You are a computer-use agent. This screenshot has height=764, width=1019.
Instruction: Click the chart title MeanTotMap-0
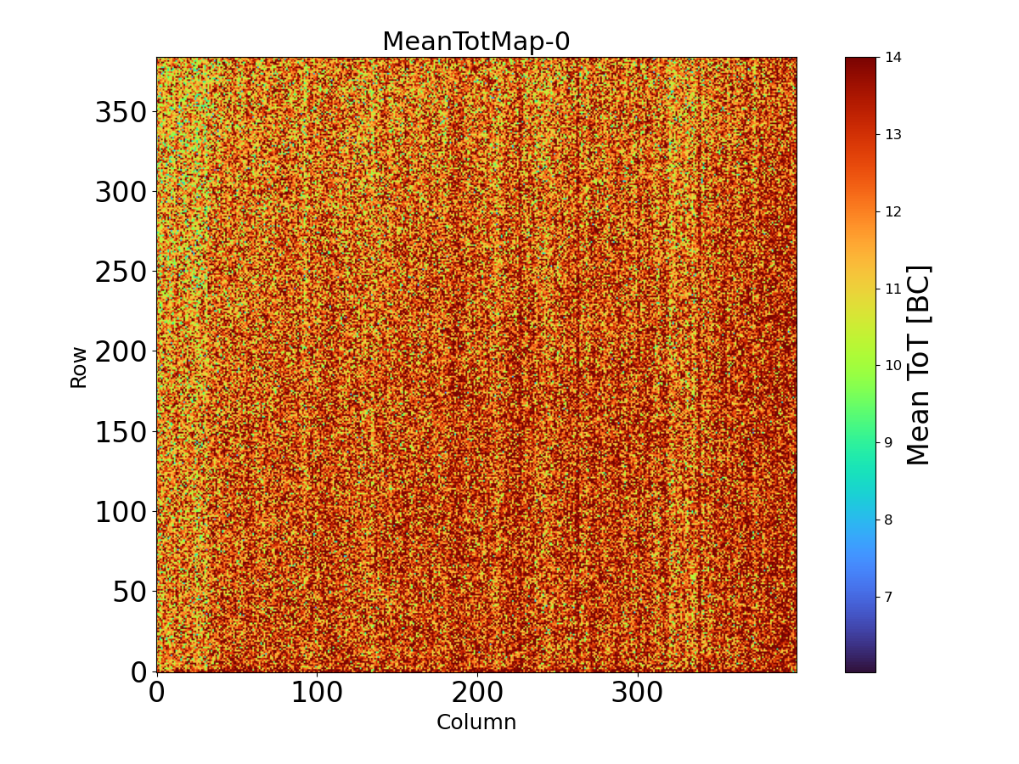tap(476, 42)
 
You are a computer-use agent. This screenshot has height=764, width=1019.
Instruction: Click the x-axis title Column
tap(476, 722)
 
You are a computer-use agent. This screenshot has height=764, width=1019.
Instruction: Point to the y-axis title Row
tap(79, 367)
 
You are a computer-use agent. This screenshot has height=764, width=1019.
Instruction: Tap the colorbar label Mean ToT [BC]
tap(919, 365)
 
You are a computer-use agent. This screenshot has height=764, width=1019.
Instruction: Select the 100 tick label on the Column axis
tap(317, 693)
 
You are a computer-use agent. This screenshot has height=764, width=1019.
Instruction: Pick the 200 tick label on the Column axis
tap(477, 693)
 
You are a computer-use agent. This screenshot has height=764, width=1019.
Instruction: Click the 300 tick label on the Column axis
tap(638, 693)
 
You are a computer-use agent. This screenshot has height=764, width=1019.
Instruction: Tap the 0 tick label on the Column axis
tap(156, 693)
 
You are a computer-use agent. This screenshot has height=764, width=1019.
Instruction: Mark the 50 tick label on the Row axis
tap(128, 592)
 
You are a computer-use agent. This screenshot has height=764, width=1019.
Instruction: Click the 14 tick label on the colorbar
tap(893, 58)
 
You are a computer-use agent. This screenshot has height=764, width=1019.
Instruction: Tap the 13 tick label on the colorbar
tap(893, 134)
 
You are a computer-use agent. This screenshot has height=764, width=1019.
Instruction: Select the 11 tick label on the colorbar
tap(893, 289)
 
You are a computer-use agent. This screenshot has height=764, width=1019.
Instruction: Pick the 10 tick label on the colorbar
tap(893, 365)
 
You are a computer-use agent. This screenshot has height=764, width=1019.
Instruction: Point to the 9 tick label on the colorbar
tap(889, 442)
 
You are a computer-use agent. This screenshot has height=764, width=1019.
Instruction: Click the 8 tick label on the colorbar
tap(889, 520)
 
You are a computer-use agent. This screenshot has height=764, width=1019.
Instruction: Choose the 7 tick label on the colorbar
tap(889, 596)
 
